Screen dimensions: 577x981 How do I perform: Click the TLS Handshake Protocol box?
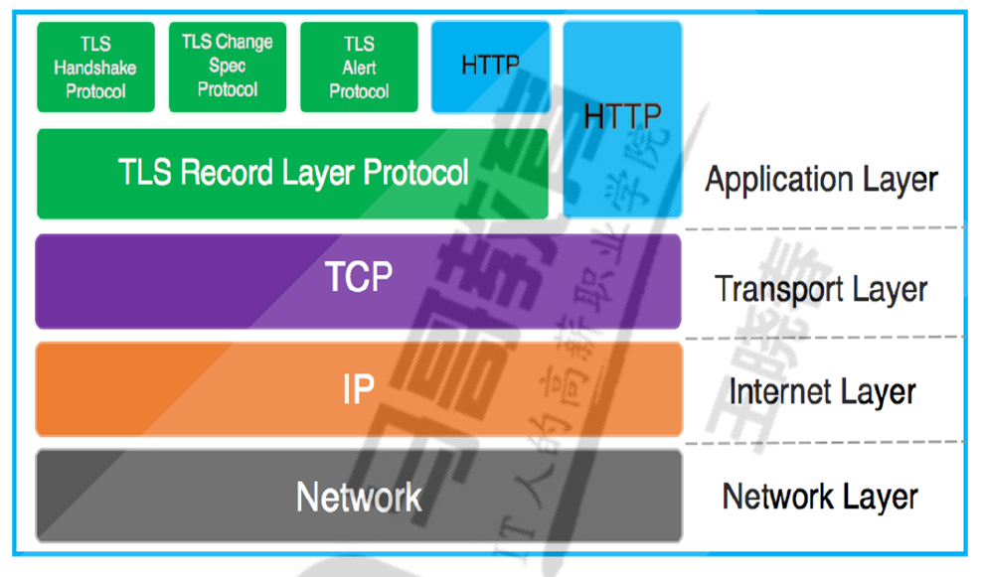[x=95, y=68]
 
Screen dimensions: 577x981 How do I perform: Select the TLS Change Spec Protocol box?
[x=228, y=67]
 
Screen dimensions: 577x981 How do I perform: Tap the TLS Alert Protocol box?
[x=359, y=68]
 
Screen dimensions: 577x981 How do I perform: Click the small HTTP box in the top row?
[x=490, y=67]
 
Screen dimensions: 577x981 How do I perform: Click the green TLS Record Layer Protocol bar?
[x=292, y=174]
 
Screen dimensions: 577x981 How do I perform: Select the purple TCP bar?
[x=358, y=281]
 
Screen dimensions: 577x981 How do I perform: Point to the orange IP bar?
[x=358, y=389]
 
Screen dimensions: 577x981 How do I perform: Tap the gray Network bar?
[x=358, y=496]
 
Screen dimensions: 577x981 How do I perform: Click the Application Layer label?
[x=821, y=180]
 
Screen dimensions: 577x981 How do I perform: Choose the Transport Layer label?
[x=821, y=289]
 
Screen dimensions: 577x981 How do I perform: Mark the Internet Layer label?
[x=821, y=391]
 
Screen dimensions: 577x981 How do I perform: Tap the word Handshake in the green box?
[x=95, y=69]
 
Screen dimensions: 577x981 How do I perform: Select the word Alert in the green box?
[x=359, y=68]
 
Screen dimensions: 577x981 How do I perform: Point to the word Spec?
[x=227, y=66]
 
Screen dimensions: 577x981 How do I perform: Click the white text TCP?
[x=359, y=278]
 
